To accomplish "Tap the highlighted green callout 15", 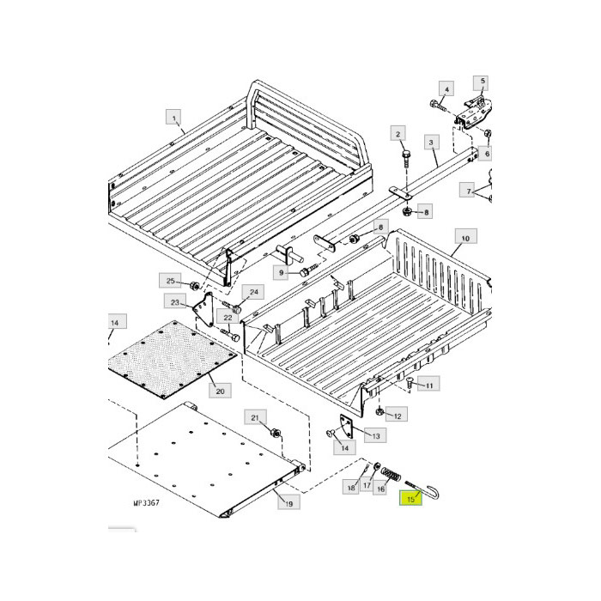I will tap(411, 499).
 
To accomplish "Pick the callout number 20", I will tap(220, 391).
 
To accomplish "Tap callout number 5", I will tap(483, 82).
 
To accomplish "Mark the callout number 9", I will tap(281, 272).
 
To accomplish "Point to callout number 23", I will tap(175, 302).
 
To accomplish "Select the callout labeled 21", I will tap(255, 417).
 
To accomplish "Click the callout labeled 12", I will tap(396, 416).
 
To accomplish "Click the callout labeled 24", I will tap(252, 292).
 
